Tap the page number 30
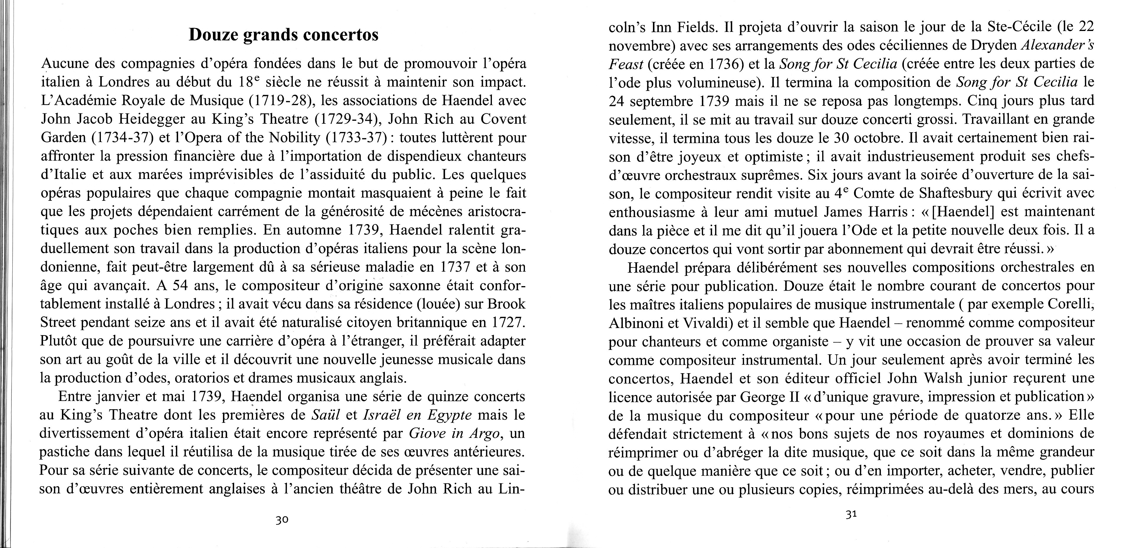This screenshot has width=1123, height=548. pos(282,520)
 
